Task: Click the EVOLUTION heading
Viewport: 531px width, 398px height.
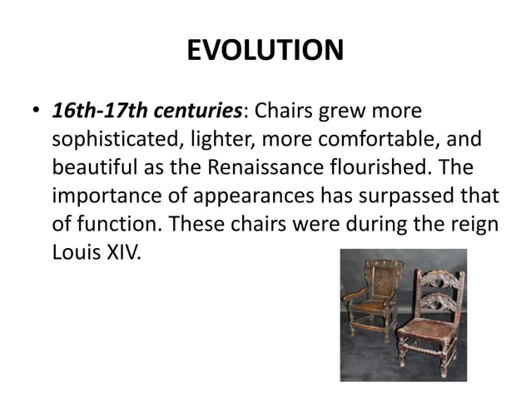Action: (265, 51)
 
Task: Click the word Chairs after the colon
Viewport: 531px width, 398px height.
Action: (284, 111)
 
